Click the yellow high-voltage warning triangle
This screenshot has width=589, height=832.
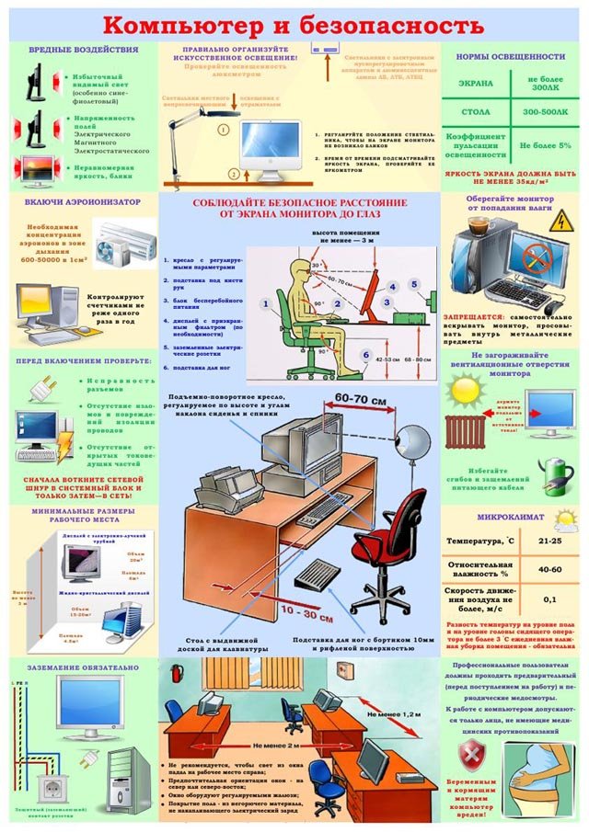click(x=559, y=221)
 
